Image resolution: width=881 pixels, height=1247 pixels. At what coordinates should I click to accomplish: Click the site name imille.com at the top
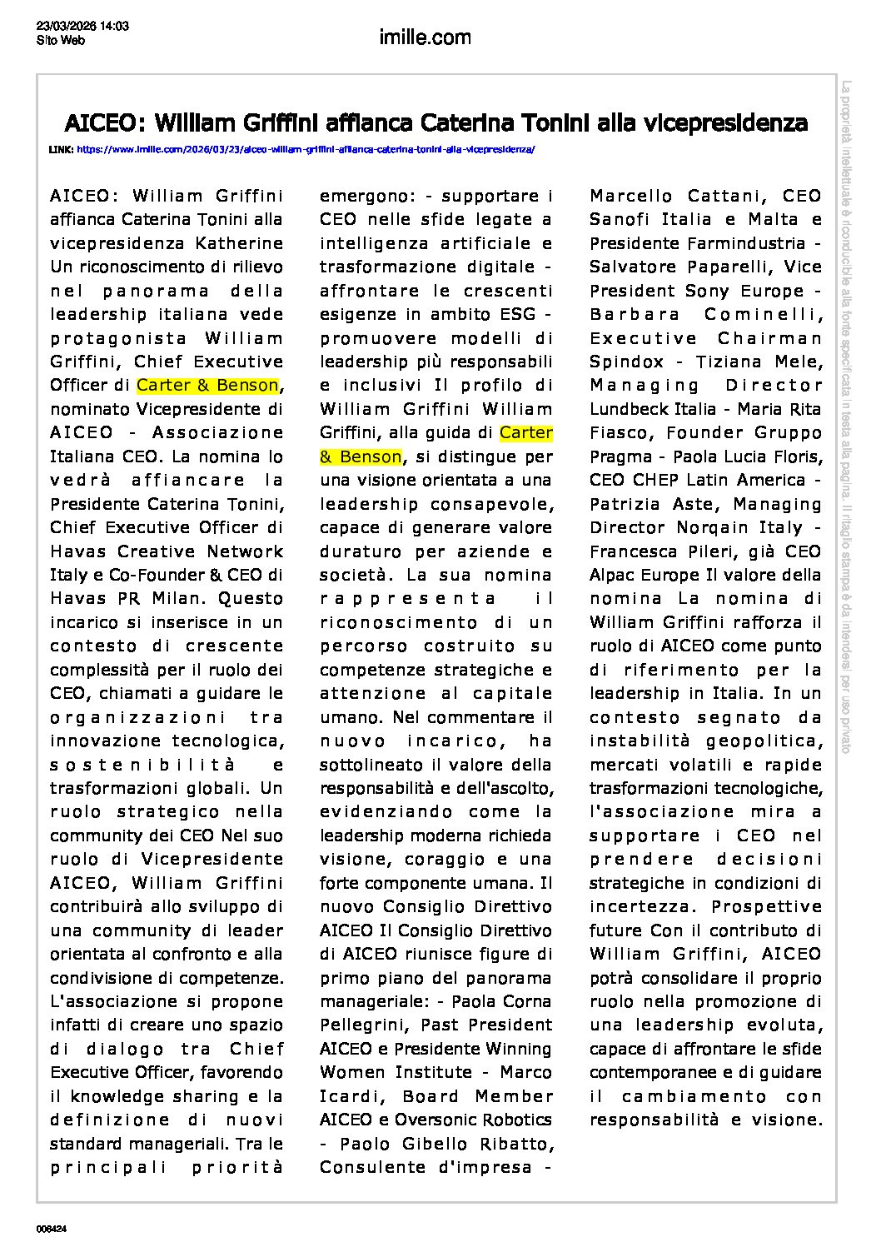(425, 37)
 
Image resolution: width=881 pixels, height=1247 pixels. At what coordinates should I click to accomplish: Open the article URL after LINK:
(306, 150)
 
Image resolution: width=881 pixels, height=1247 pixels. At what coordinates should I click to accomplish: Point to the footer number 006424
(52, 1229)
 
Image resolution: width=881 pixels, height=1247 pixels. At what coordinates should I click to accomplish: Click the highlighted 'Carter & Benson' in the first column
(207, 386)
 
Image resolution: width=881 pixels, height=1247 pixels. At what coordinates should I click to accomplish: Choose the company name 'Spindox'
(626, 362)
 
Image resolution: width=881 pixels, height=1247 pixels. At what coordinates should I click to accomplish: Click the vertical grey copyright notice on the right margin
(846, 416)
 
